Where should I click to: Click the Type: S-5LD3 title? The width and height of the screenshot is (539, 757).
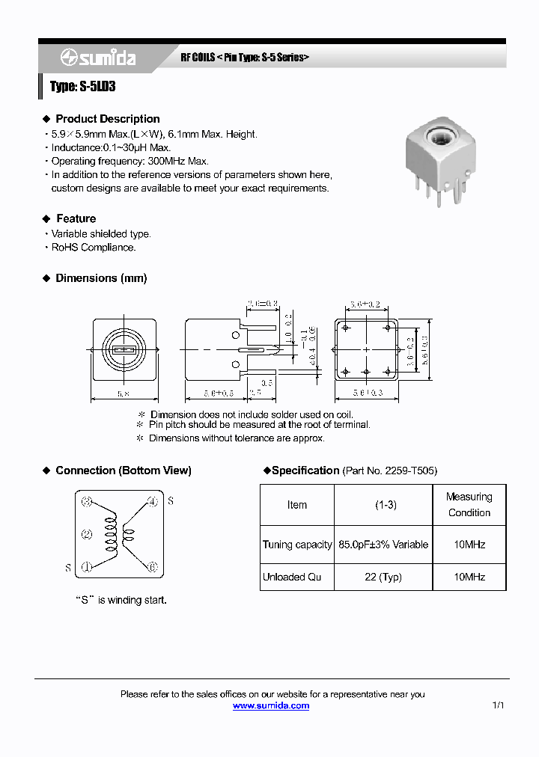(82, 87)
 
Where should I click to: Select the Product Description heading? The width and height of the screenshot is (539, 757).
(107, 119)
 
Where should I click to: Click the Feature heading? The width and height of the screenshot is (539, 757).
(76, 218)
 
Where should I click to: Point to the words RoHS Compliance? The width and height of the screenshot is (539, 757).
(93, 247)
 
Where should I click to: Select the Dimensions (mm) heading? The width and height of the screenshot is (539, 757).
(101, 278)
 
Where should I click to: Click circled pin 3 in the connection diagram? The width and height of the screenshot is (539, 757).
(87, 501)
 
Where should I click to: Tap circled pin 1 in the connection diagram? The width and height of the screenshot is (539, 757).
(87, 567)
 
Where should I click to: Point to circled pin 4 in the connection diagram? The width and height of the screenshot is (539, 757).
(152, 501)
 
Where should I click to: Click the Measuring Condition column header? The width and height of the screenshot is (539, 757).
(469, 505)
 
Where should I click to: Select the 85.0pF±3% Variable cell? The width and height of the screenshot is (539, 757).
(383, 545)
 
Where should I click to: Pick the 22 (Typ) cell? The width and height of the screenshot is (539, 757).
(383, 577)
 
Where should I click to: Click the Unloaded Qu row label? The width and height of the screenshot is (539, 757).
(296, 577)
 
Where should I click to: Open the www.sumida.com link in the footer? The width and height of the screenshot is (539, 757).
(271, 705)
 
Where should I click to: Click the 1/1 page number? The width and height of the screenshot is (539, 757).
(499, 705)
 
